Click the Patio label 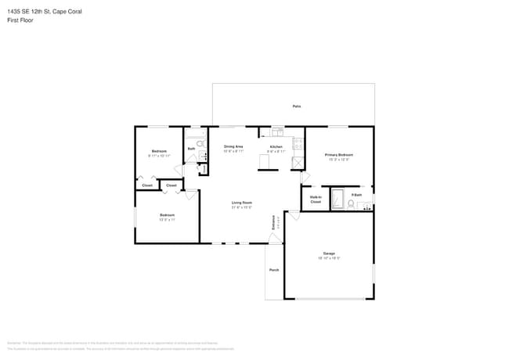[x=297, y=106]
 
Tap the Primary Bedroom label [x=338, y=155]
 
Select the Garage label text [x=329, y=253]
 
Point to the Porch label [x=274, y=270]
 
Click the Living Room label [x=241, y=203]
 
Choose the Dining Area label [x=233, y=146]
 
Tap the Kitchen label [x=276, y=147]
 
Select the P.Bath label [x=356, y=194]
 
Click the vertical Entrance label [x=273, y=221]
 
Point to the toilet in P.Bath [x=351, y=203]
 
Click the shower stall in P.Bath [x=338, y=200]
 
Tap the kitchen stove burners [x=298, y=144]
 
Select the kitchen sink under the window [x=277, y=131]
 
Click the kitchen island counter [x=268, y=161]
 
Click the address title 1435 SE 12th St [x=44, y=12]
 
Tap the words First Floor [x=22, y=20]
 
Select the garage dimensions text [x=329, y=258]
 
